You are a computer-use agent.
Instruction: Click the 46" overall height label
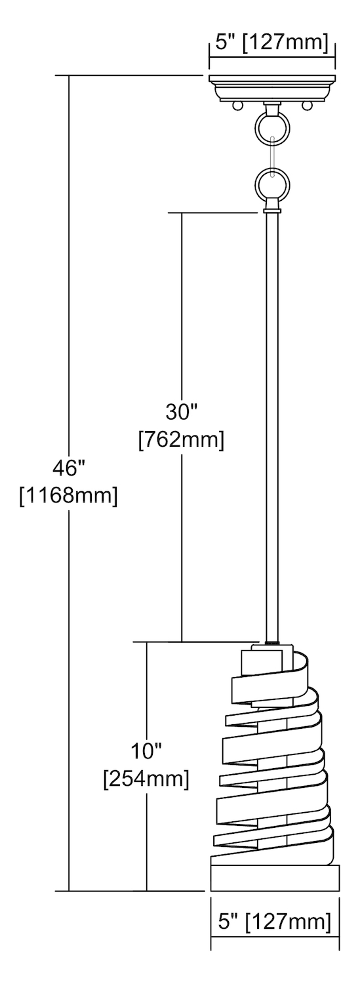[68, 469]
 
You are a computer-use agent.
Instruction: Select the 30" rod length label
[182, 412]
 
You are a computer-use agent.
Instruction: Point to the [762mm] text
[182, 440]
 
